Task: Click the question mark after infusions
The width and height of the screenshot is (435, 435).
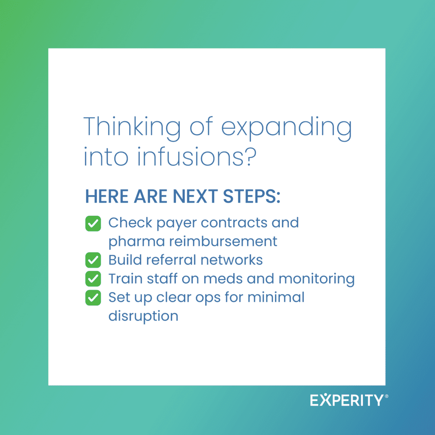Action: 251,156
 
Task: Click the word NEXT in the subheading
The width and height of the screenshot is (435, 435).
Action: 195,196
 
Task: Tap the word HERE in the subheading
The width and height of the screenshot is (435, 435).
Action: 107,196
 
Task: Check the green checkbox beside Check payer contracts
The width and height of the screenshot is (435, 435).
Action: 93,223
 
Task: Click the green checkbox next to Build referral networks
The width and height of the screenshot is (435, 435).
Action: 93,260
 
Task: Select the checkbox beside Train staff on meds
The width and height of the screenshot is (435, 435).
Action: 93,279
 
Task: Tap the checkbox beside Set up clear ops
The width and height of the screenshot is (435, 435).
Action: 93,298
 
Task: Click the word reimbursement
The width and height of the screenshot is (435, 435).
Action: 223,241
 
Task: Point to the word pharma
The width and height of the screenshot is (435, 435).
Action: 137,242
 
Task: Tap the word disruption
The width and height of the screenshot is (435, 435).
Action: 143,316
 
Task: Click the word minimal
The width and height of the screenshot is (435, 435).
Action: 276,297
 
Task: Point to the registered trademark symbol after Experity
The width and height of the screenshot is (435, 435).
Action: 387,396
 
